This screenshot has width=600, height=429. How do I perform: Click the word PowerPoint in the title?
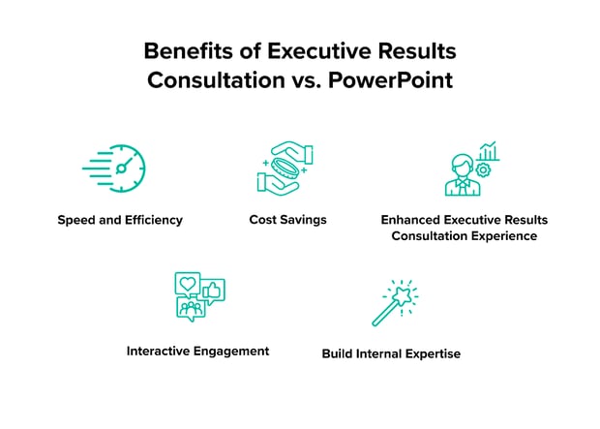tap(391, 80)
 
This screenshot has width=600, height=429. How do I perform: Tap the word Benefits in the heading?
tap(188, 51)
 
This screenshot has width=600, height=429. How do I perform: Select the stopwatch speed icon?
tap(114, 169)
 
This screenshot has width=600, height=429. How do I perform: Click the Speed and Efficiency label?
tap(120, 220)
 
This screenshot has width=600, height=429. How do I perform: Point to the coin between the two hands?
tap(286, 169)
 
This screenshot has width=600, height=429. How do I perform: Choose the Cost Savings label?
tap(287, 220)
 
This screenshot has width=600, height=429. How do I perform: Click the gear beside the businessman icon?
tap(483, 169)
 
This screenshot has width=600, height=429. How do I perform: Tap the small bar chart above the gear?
tap(489, 151)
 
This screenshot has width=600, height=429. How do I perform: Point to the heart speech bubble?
tap(188, 285)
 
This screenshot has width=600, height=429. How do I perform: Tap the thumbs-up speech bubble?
tap(212, 291)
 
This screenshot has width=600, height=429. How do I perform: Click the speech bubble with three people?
tap(191, 309)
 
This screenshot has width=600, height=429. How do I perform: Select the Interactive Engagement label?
tap(197, 352)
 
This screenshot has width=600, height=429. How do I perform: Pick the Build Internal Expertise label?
tap(391, 353)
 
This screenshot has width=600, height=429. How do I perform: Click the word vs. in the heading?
tap(307, 81)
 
